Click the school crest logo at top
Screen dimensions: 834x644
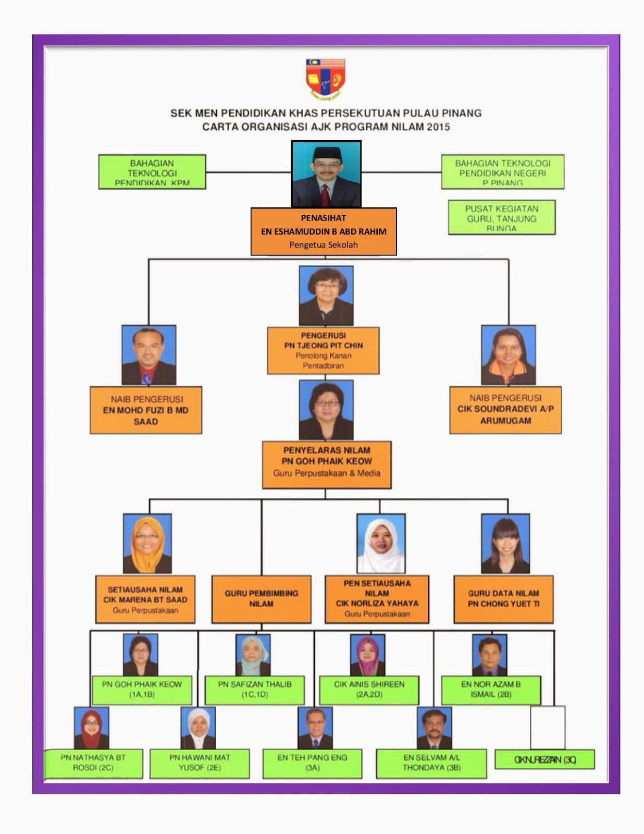(325, 79)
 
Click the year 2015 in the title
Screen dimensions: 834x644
(438, 127)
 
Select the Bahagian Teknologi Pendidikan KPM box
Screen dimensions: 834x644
(152, 172)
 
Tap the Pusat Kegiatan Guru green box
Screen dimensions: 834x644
(502, 217)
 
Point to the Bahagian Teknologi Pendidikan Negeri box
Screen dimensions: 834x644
(502, 172)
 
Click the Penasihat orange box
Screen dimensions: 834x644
(324, 231)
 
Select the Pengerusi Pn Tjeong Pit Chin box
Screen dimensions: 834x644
(323, 350)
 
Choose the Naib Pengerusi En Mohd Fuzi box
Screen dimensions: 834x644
(146, 410)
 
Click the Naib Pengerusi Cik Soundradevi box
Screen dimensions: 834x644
(505, 410)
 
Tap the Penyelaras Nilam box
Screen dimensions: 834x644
(327, 465)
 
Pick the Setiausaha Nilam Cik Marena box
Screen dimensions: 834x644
(145, 599)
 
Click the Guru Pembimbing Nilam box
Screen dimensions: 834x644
(262, 599)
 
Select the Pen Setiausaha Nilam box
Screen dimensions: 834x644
(377, 599)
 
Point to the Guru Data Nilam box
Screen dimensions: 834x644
(503, 599)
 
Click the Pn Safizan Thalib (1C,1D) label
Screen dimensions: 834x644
(255, 689)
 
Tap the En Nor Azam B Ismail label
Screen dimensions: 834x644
(491, 689)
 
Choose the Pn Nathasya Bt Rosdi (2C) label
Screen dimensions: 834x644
(93, 763)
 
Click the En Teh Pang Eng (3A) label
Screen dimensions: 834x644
(312, 763)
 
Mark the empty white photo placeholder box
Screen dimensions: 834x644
(548, 727)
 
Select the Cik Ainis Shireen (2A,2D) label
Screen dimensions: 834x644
(369, 689)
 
